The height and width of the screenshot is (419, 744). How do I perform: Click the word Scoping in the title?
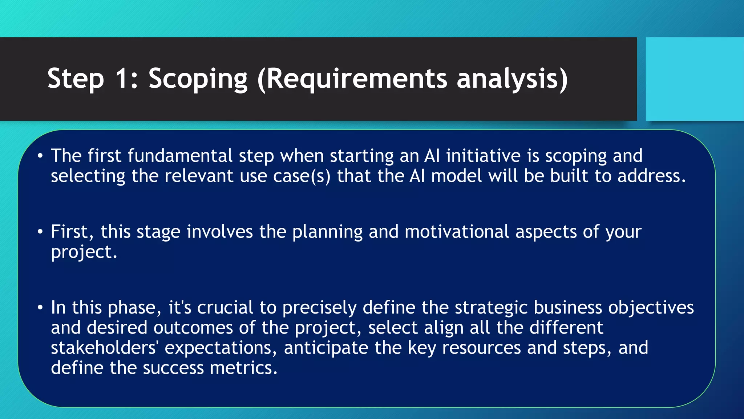pos(198,79)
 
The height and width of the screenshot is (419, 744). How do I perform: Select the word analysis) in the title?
pos(511,79)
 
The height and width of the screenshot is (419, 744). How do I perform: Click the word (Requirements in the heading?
pos(352,79)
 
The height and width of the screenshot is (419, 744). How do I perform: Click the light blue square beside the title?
pos(694,79)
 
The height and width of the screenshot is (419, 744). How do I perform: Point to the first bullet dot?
pos(40,156)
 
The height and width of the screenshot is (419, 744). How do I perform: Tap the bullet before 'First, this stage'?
pos(40,232)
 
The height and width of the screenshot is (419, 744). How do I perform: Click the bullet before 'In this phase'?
pos(40,308)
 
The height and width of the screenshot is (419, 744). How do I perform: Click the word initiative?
pos(483,156)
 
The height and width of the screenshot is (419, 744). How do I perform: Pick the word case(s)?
pos(302,176)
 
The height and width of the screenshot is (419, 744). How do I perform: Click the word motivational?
pos(457,232)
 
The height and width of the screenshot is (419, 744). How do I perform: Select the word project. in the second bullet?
pos(84,252)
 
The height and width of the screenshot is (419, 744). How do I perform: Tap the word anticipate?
pos(326,348)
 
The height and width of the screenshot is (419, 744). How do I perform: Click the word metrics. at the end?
pos(243,368)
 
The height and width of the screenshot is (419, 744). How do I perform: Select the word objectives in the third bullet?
pos(651,308)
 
